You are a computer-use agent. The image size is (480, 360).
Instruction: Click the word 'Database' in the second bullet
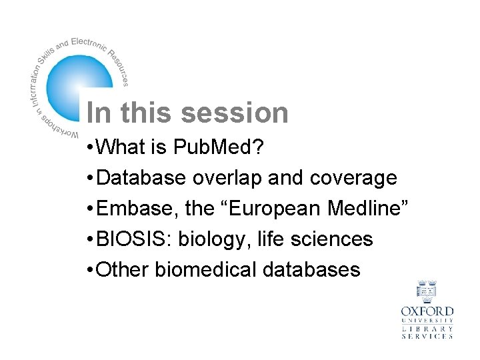(x=141, y=178)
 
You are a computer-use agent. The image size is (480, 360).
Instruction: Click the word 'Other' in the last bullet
(x=123, y=269)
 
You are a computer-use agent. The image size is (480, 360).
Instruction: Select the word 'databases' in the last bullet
(x=311, y=269)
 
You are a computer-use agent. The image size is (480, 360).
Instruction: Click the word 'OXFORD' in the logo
(x=427, y=311)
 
